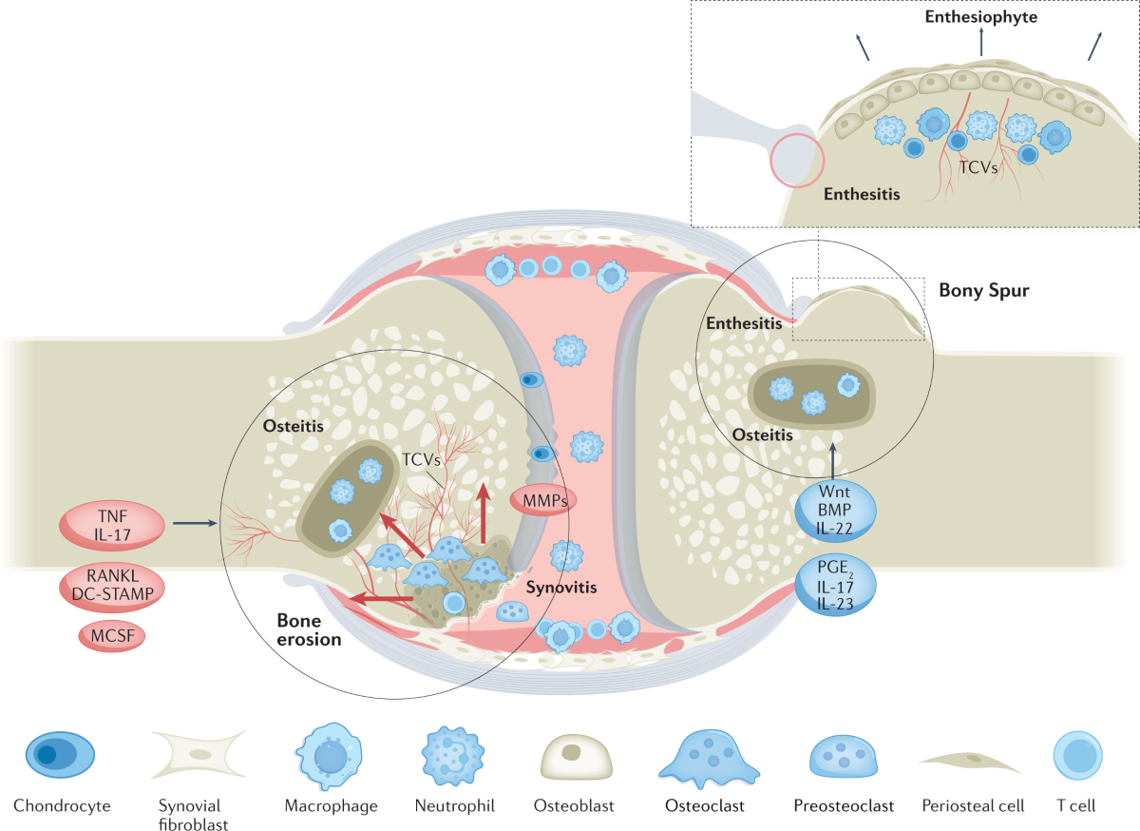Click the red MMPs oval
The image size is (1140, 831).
543,500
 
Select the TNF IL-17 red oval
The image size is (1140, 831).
112,525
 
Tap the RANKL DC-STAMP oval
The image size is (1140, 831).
112,586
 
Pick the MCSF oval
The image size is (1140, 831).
112,636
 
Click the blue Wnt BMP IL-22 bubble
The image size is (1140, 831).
835,510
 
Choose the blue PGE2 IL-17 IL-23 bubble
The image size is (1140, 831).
835,585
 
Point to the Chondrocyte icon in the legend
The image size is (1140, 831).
60,754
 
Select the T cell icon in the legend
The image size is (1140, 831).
1077,755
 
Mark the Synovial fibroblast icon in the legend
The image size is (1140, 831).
199,754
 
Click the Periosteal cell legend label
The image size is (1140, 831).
973,805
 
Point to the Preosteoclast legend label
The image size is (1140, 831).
844,805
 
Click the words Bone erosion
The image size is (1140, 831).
309,629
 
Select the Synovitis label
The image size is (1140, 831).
561,588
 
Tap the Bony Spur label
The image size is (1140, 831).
984,290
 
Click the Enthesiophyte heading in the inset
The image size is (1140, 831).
980,17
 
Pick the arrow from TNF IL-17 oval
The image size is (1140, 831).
195,523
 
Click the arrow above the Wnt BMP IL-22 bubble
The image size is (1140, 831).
832,459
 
